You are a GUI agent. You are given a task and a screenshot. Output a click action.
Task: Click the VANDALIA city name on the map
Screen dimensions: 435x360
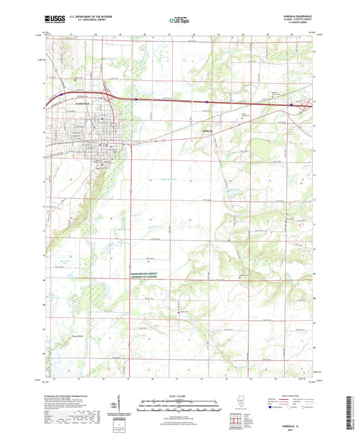78,104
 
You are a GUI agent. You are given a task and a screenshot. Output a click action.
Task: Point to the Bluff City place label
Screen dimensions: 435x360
207,130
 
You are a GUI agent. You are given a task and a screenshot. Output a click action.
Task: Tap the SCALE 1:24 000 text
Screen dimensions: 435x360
178,395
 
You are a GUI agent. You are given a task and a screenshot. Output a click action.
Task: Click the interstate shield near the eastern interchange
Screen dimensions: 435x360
290,105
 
